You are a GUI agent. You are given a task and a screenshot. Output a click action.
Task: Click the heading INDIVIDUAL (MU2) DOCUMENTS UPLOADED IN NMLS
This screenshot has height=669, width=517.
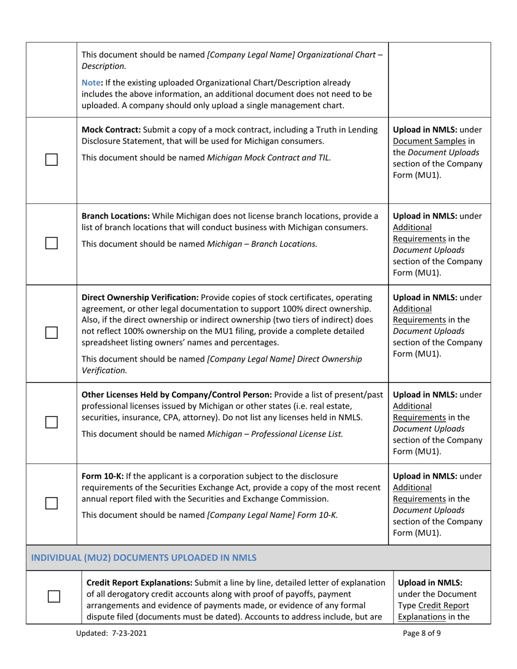pyautogui.click(x=144, y=557)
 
